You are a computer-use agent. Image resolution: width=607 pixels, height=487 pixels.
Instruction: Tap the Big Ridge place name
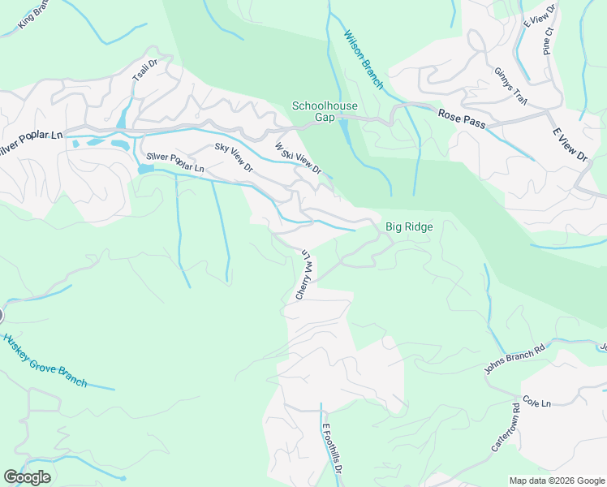point(409,227)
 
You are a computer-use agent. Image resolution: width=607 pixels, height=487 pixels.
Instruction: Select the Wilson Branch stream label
point(364,58)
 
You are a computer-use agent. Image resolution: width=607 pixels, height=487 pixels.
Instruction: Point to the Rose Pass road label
point(461,116)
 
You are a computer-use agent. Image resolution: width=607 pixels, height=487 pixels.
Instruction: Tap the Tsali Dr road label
point(144,71)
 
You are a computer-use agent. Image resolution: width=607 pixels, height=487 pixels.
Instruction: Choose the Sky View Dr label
point(234,157)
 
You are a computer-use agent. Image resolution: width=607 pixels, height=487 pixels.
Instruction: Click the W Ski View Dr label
point(298,159)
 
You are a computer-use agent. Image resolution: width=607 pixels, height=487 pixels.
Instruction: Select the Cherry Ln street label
point(303,275)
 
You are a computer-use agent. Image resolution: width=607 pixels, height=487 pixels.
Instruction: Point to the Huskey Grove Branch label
point(45,360)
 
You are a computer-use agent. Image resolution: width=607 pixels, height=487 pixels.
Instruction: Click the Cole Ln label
point(536,403)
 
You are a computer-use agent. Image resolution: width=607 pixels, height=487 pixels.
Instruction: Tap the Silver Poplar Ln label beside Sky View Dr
point(175,162)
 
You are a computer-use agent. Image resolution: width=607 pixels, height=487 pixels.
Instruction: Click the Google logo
point(27,477)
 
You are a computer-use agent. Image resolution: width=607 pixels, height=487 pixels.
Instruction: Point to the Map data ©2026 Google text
point(557,481)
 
